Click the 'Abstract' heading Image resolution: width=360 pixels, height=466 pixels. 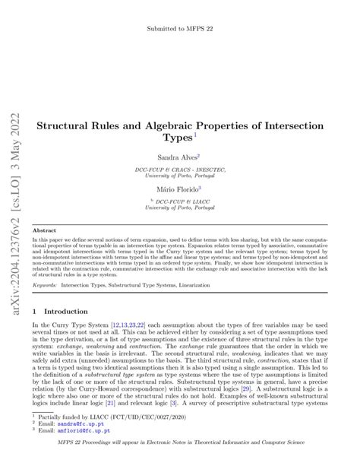pyautogui.click(x=45, y=229)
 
